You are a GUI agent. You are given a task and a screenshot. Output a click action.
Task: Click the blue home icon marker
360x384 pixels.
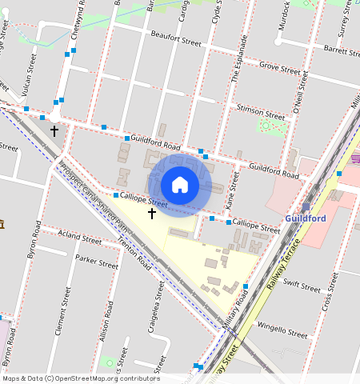pyautogui.click(x=180, y=186)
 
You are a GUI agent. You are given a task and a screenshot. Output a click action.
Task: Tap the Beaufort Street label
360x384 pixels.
pyautogui.click(x=176, y=39)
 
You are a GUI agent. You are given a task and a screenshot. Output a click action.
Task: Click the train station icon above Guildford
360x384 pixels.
pyautogui.click(x=306, y=206)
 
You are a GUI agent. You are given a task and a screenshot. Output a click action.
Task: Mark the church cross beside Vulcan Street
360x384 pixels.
pyautogui.click(x=54, y=130)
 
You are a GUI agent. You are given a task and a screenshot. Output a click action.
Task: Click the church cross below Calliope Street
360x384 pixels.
pyautogui.click(x=151, y=214)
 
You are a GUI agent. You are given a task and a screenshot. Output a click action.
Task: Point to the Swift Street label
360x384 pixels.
pyautogui.click(x=302, y=286)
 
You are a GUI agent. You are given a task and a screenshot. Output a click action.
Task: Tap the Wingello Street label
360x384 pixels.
pyautogui.click(x=282, y=330)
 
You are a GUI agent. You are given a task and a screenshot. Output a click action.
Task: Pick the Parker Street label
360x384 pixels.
pyautogui.click(x=96, y=262)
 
